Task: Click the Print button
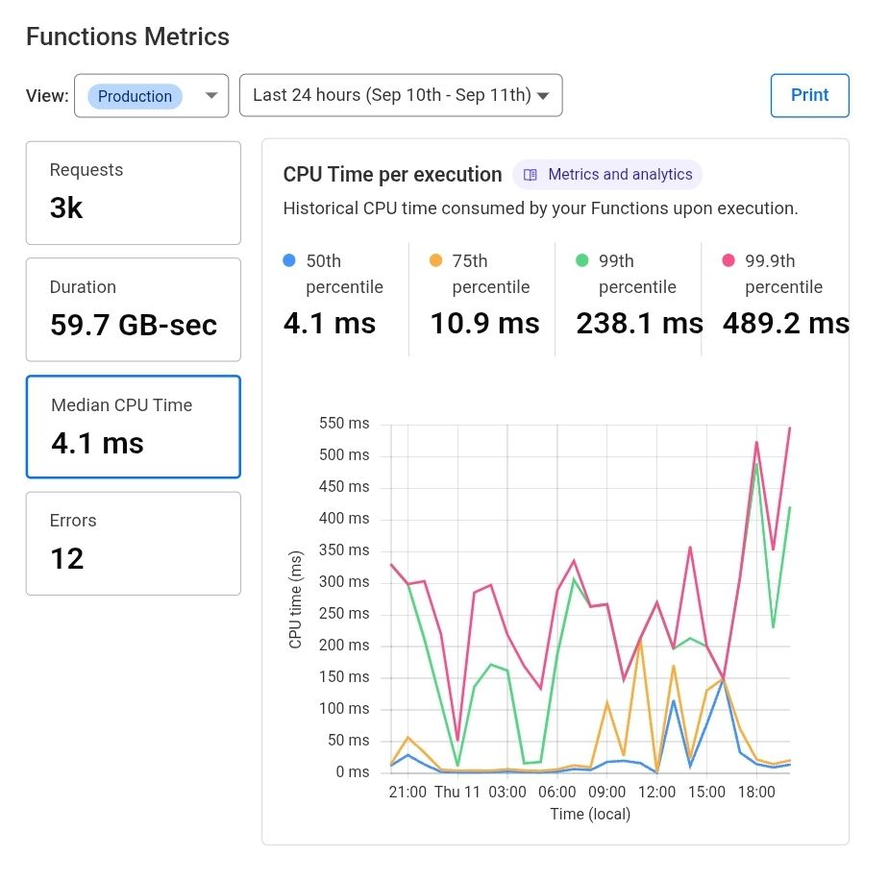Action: point(809,95)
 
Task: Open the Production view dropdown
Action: point(151,96)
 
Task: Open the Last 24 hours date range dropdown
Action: point(400,95)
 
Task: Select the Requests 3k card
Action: point(133,192)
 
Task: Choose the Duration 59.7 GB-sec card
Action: point(133,309)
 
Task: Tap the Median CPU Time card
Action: point(133,427)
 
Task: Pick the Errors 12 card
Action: point(133,543)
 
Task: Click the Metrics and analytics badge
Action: point(607,175)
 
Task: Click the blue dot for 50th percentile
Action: point(288,260)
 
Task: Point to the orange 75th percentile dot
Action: point(435,260)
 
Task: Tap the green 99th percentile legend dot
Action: point(581,260)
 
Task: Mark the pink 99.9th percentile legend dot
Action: point(728,260)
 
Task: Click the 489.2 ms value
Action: point(785,324)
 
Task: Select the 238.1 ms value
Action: point(639,324)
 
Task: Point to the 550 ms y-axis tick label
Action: point(345,424)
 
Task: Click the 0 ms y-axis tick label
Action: point(352,772)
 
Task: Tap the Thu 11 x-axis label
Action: point(457,793)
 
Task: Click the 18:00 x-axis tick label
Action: point(756,793)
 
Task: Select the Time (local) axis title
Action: point(590,815)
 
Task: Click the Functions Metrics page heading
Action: point(128,37)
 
